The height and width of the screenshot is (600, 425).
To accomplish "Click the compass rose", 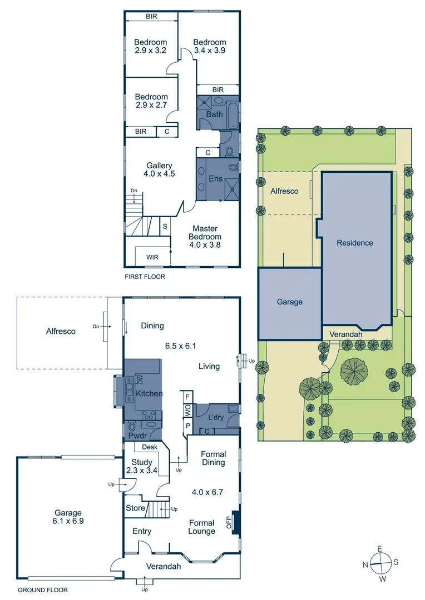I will coord(380,563).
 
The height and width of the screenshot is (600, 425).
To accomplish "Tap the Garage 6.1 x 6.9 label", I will coord(68,517).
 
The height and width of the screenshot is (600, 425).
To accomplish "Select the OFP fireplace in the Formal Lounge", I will coord(236,523).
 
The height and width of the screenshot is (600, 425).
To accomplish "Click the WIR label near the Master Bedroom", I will coord(152,257).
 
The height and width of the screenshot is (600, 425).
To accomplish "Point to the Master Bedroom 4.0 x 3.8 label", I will coord(205,236).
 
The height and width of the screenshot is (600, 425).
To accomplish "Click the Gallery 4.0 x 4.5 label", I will coord(160,169).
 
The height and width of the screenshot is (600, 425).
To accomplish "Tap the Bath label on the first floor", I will coord(214,114).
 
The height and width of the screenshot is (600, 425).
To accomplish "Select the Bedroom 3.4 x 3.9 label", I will coord(210,47).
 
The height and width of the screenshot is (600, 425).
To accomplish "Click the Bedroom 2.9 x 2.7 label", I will coord(151,101).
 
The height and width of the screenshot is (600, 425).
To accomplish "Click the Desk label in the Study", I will coord(149,447).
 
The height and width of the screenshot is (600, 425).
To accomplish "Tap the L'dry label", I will coord(216,417).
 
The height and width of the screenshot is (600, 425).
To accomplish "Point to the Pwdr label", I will coord(137,436).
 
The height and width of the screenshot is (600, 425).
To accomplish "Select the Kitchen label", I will coord(150,393).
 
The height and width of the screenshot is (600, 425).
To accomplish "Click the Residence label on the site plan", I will coord(354,243).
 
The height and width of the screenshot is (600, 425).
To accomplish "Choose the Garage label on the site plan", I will coord(290,302).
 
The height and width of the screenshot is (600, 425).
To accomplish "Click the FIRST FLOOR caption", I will coord(145,276).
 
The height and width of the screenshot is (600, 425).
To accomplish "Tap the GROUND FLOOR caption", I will coord(43,590).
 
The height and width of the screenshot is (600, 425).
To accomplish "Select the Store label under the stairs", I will coord(136,508).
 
